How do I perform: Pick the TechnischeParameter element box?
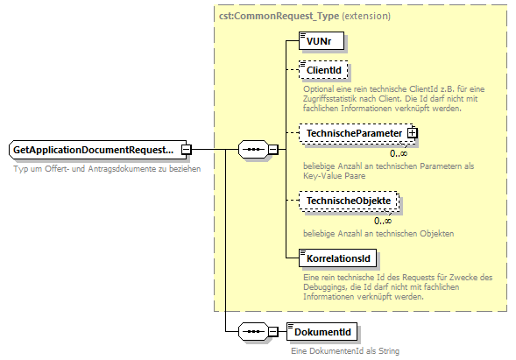coord(352,133)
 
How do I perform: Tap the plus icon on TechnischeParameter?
coord(412,133)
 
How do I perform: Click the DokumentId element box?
coord(322,332)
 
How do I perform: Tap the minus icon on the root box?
coord(186,151)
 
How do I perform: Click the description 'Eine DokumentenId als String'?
coord(346,350)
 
